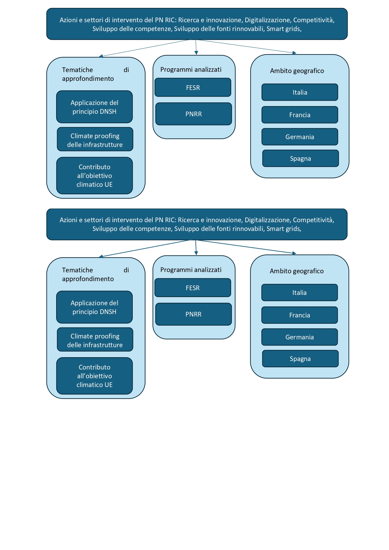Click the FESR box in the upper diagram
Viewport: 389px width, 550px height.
coord(193,87)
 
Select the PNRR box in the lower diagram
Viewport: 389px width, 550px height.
coord(194,314)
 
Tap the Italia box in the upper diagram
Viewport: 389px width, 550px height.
coord(300,92)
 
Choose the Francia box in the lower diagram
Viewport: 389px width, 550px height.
coord(300,315)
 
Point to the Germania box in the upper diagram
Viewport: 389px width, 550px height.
coord(300,137)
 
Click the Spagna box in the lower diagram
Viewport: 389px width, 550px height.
coord(301,359)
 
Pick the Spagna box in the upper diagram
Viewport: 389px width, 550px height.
coord(301,158)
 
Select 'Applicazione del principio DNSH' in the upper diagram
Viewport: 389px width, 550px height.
coord(94,107)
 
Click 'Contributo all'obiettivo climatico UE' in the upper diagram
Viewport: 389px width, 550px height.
coord(94,175)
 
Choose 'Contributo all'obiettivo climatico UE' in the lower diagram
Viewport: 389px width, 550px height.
coord(94,376)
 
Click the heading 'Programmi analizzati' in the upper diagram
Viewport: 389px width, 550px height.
coord(191,70)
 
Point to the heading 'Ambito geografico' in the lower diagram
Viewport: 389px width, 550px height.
coord(297,271)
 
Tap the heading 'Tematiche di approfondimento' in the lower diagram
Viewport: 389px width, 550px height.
coord(95,274)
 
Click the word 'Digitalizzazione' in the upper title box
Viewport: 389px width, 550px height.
coord(267,20)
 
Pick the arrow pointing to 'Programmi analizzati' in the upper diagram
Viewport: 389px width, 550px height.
coord(196,47)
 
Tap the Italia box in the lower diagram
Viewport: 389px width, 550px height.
coord(300,292)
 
